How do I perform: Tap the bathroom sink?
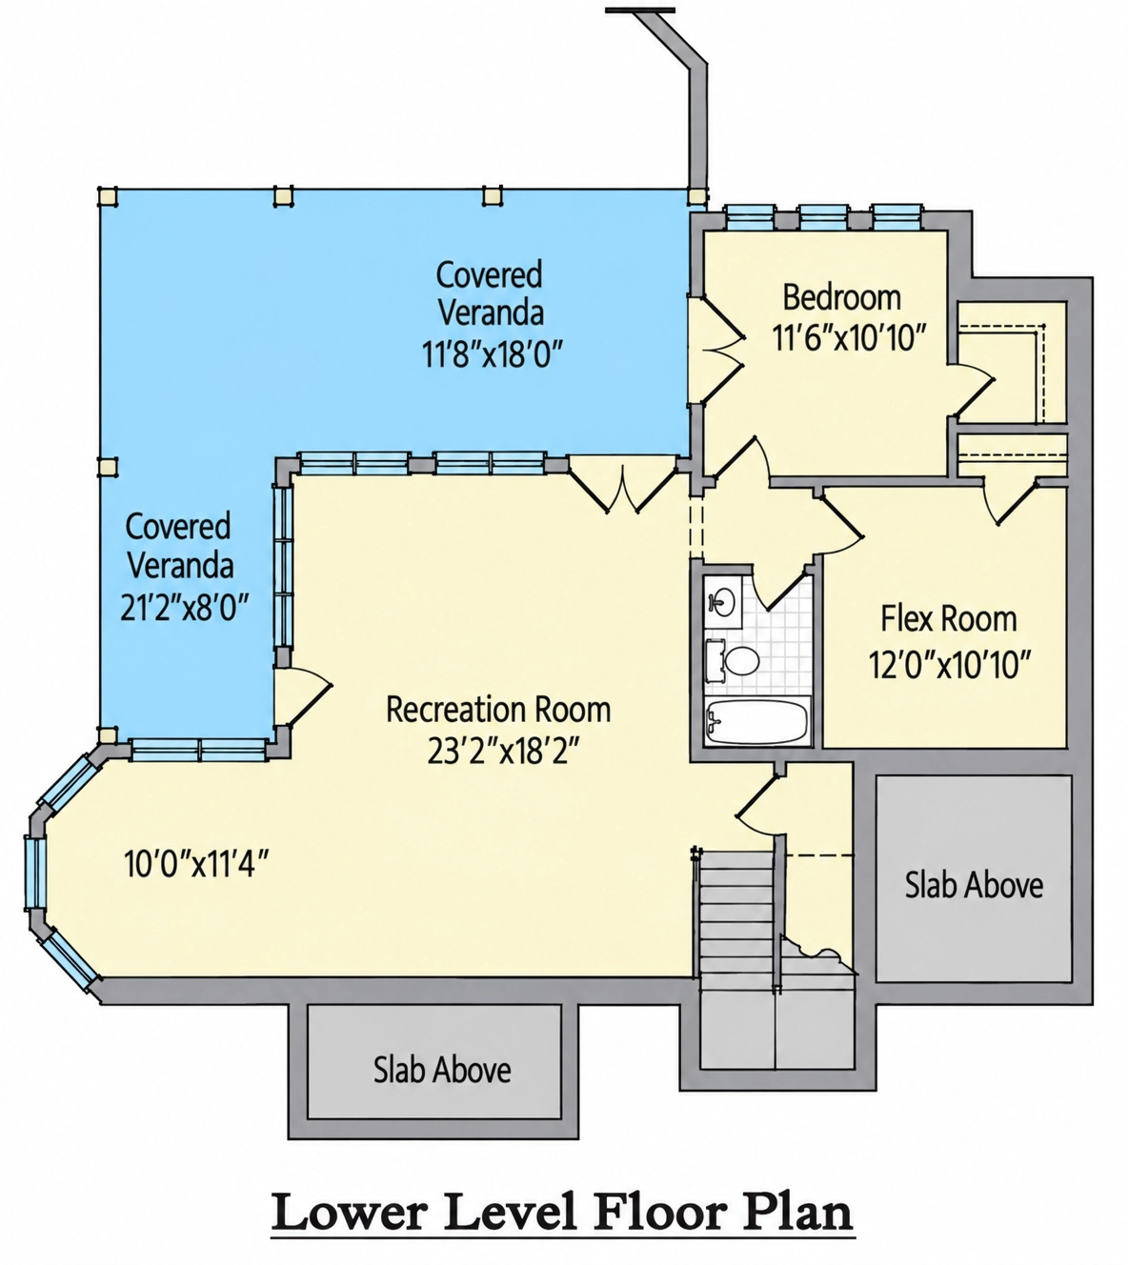click(x=721, y=602)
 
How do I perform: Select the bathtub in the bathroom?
click(x=757, y=721)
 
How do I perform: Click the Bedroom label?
click(x=842, y=297)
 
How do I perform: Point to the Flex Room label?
click(x=949, y=618)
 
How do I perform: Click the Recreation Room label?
click(x=498, y=710)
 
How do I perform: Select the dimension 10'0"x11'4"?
click(x=196, y=864)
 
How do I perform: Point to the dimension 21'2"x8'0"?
click(x=184, y=606)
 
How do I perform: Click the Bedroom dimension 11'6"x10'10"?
click(x=848, y=338)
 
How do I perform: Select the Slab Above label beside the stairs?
click(x=974, y=885)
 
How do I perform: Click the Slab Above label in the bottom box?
click(x=442, y=1069)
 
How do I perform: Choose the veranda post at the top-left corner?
click(x=108, y=196)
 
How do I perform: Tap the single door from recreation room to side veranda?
click(x=303, y=697)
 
